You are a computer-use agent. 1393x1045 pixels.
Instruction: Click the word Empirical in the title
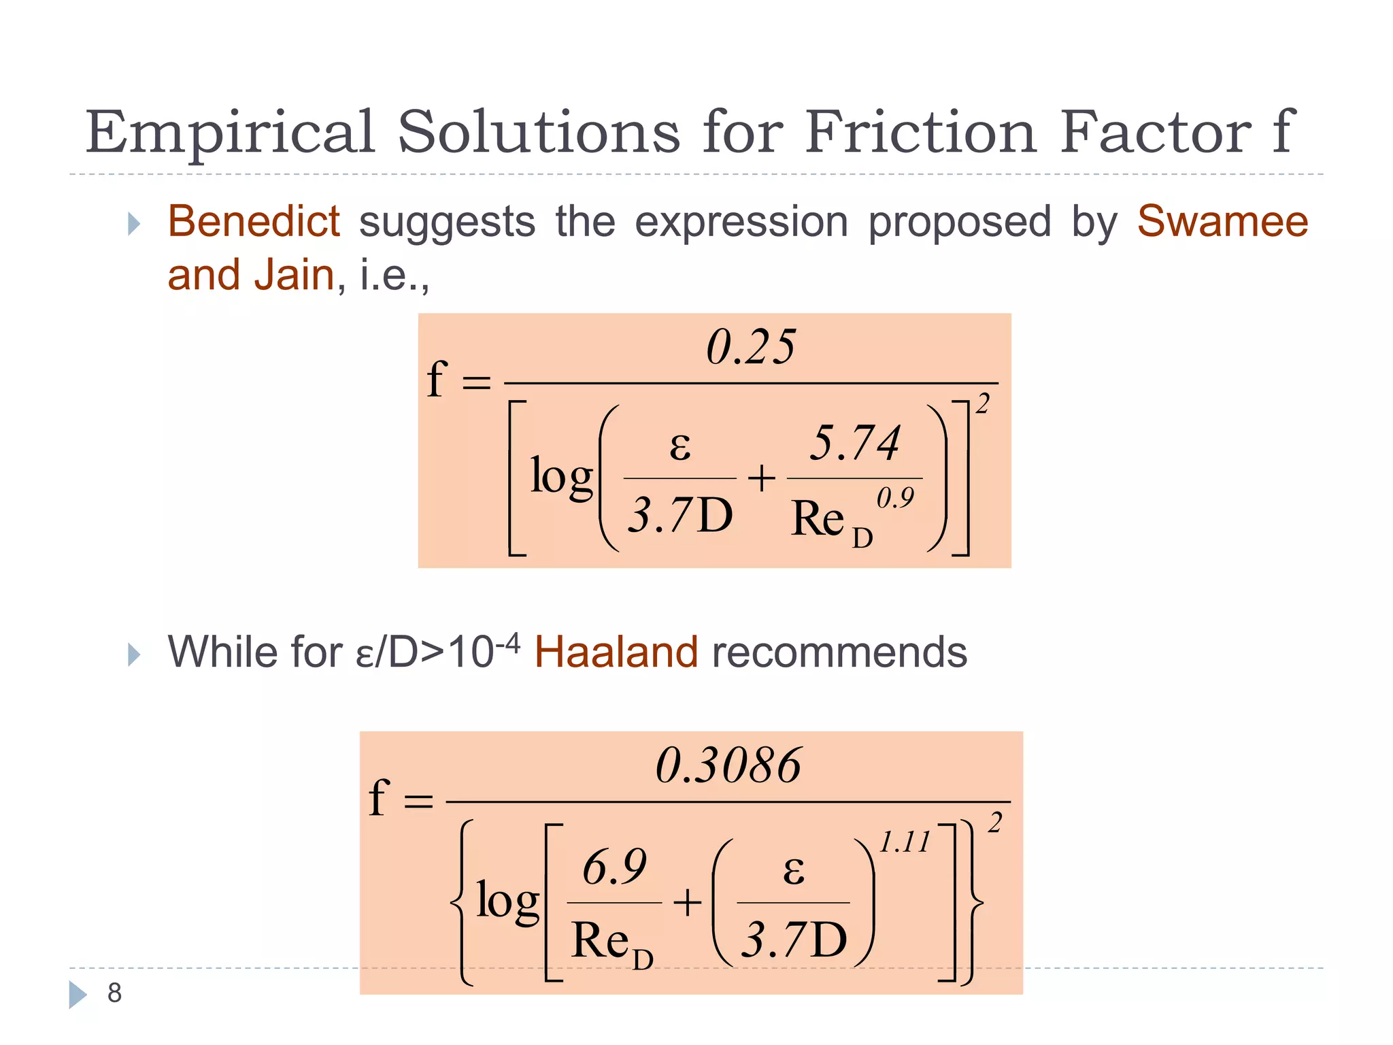230,133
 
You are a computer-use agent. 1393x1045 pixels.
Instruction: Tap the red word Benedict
254,222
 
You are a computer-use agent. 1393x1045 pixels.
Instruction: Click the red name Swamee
1222,222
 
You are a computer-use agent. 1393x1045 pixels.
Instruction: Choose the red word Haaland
616,652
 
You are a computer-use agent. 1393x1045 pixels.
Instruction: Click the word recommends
839,652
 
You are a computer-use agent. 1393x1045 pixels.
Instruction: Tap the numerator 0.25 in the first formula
750,347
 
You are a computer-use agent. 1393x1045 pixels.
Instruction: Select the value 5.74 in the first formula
854,443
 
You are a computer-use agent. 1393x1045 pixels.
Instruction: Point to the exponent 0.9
895,498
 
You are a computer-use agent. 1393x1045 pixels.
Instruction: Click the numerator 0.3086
728,765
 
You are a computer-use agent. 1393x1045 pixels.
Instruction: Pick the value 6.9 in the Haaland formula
614,867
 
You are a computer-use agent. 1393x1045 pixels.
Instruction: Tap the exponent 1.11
905,842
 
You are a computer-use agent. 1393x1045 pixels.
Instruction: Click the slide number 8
114,993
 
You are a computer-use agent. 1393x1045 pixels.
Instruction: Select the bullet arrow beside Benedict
134,223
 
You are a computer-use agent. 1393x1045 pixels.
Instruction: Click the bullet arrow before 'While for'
134,654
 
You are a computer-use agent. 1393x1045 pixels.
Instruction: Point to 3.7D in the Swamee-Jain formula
679,515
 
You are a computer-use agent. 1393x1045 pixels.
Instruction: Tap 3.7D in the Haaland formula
794,940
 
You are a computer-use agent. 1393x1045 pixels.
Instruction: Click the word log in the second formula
507,901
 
